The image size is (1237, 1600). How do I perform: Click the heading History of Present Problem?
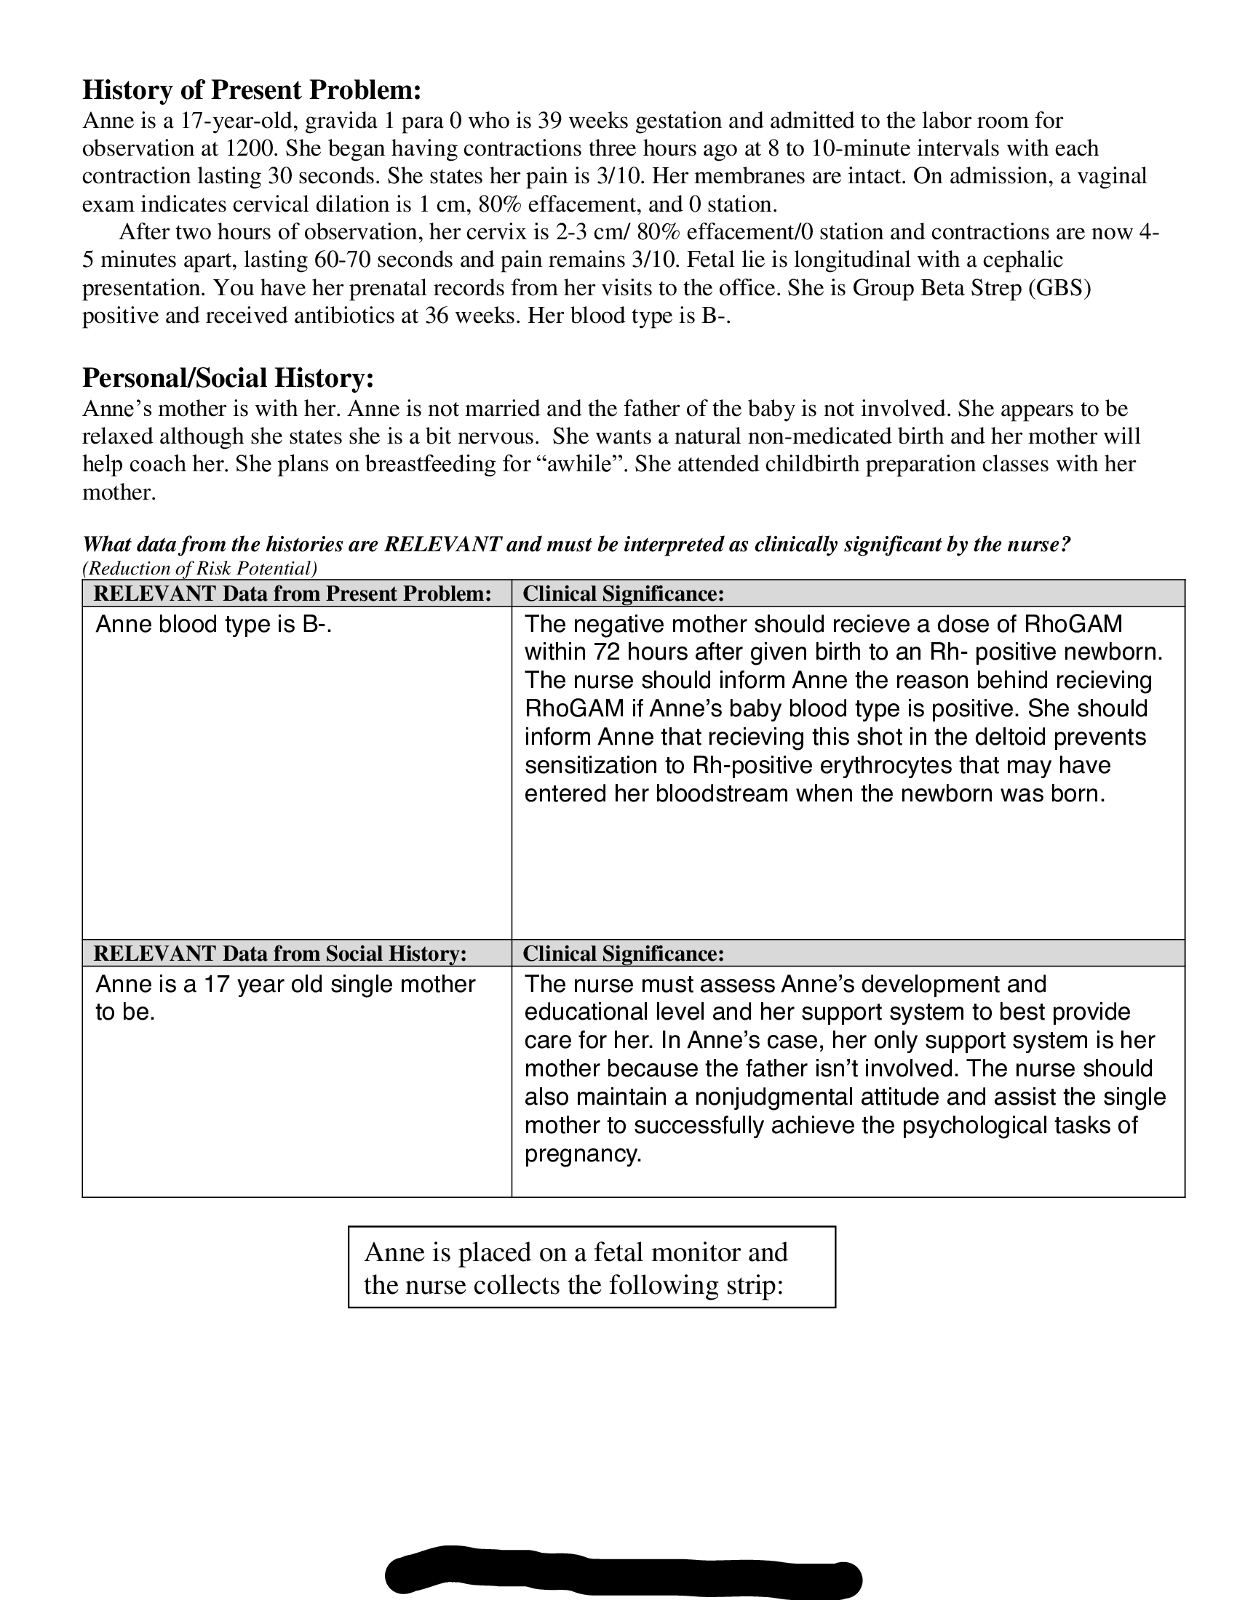(x=251, y=89)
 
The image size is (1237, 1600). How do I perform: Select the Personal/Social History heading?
(x=228, y=377)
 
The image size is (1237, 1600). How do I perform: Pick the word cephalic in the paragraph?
(x=1022, y=260)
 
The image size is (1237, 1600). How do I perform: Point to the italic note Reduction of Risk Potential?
(x=199, y=568)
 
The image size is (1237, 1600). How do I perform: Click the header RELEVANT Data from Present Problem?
(x=293, y=593)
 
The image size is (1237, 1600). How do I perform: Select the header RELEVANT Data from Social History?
(x=280, y=953)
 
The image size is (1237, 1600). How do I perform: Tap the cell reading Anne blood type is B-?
(x=214, y=624)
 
